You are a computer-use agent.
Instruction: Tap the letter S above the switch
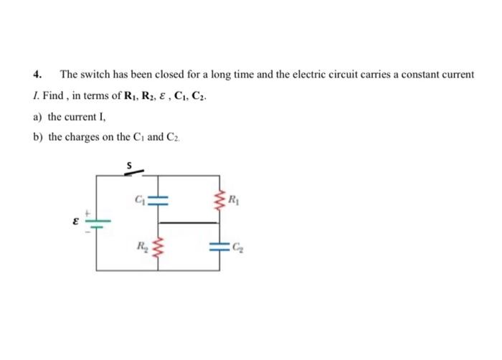point(130,164)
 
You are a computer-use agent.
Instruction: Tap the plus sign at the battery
point(90,213)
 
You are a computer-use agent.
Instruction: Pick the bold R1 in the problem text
point(141,95)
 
